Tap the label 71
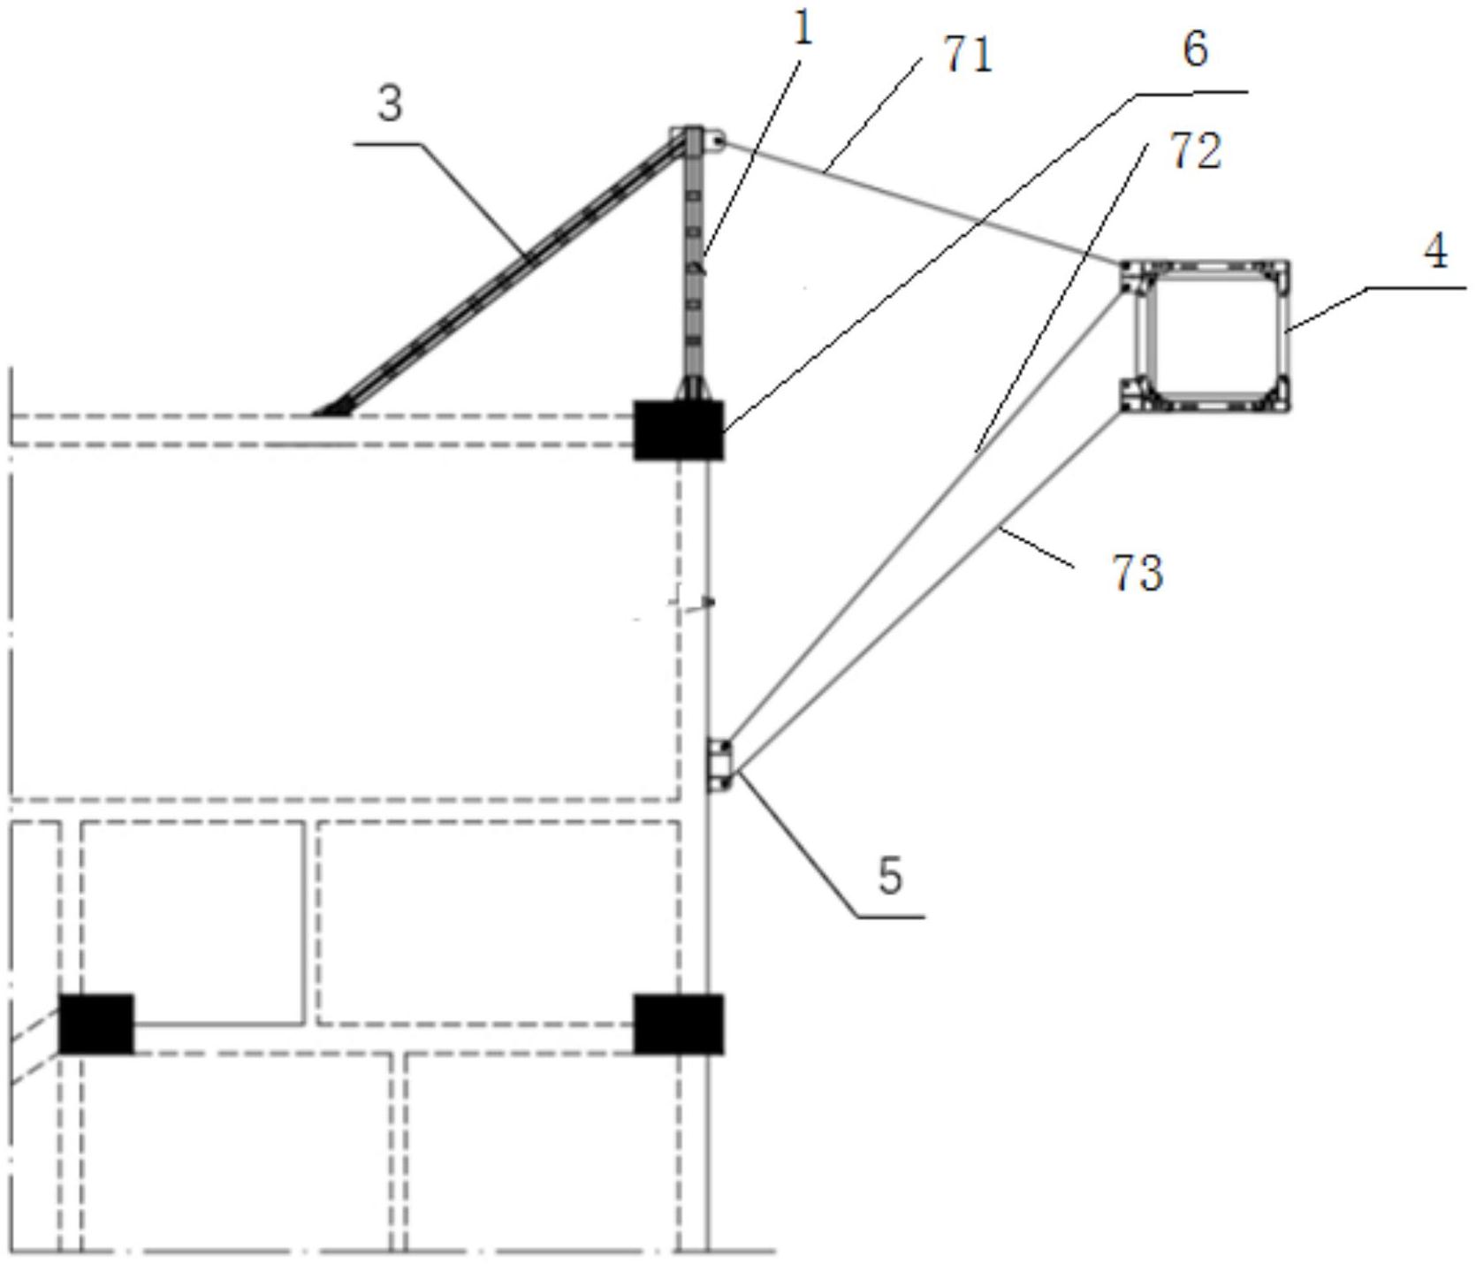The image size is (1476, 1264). tap(968, 57)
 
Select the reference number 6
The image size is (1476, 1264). tap(1195, 49)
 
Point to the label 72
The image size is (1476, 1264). tap(1196, 151)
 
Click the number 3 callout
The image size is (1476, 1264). tap(390, 104)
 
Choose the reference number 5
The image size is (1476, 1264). tap(890, 876)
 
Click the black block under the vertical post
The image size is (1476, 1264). tap(678, 430)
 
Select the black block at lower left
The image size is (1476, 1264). tap(96, 1024)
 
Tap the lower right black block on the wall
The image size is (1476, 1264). tap(678, 1024)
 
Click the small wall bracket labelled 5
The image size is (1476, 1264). tap(720, 765)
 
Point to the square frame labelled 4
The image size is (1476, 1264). tap(1286, 336)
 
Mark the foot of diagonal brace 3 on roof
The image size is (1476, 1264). tap(331, 408)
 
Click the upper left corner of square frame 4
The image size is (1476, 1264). tap(1121, 262)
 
